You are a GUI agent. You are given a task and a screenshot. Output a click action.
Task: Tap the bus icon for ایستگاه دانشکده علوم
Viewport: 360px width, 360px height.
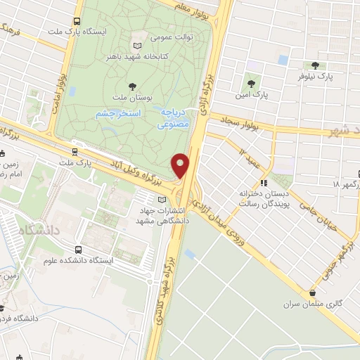tap(78, 250)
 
